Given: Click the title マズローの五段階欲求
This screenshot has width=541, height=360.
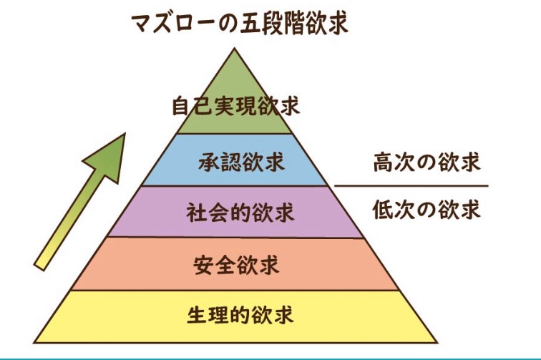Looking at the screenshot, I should click(x=239, y=21).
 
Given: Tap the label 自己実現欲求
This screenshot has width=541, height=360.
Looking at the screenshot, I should click(x=235, y=107).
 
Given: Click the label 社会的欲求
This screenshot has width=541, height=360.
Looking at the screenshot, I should click(x=235, y=213).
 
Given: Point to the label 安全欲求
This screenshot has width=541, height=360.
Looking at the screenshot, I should click(x=235, y=264).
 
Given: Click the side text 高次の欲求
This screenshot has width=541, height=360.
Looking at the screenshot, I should click(x=427, y=162).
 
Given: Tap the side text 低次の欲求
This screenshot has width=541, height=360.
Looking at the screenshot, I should click(x=427, y=210).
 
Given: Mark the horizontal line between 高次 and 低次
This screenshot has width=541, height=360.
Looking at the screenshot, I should click(x=411, y=186).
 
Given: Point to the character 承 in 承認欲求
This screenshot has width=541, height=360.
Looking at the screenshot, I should click(x=209, y=162).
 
